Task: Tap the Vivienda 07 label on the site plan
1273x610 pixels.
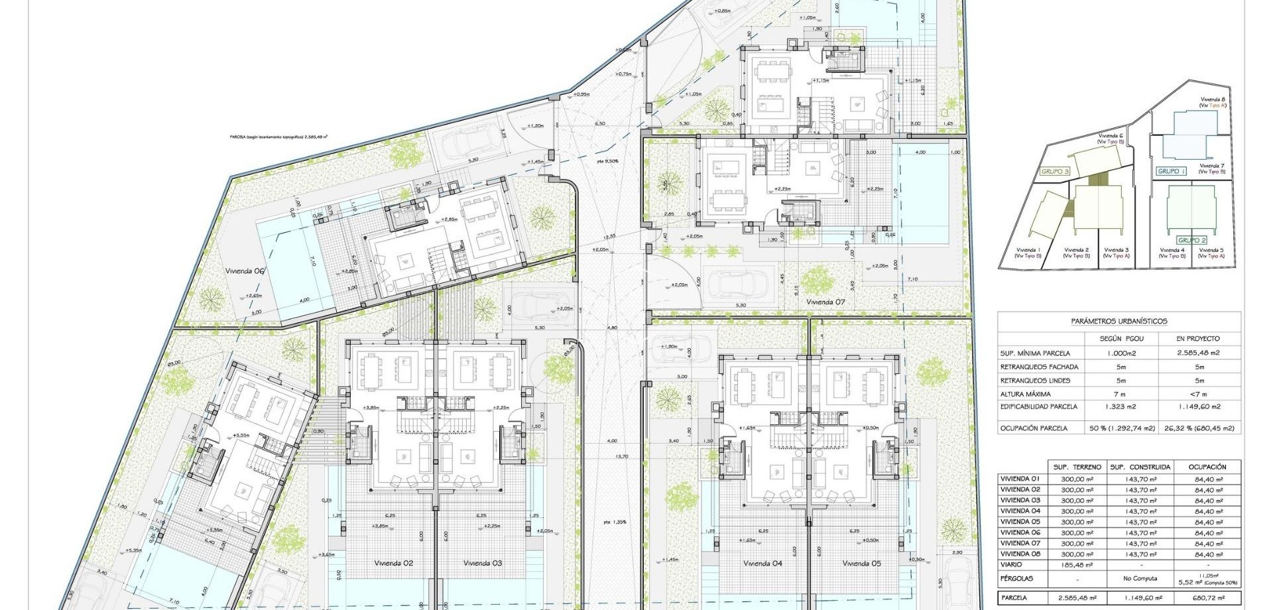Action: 825,302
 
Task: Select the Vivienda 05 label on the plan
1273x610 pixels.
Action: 862,563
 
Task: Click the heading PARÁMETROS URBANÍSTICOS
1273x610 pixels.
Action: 1119,321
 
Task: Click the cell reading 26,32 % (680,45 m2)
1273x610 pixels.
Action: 1197,428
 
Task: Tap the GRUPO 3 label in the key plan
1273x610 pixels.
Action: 1056,172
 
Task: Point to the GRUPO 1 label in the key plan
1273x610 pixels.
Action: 1171,171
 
